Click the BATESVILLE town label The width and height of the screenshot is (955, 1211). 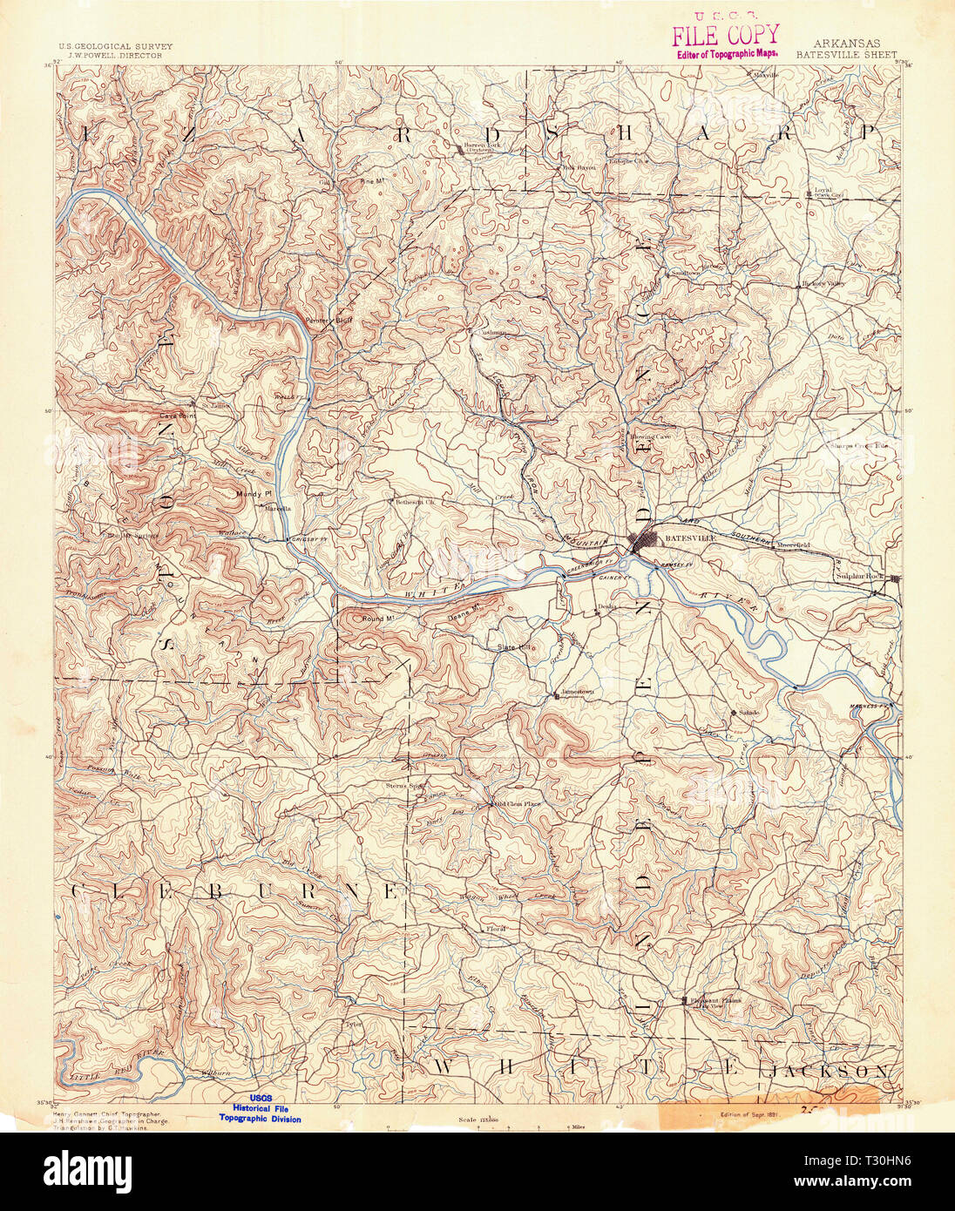(x=689, y=538)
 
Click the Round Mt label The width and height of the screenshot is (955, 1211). (x=379, y=618)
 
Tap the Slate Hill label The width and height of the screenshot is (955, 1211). (x=513, y=647)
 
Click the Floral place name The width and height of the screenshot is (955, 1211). (x=497, y=929)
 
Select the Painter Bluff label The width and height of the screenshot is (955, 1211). (x=328, y=320)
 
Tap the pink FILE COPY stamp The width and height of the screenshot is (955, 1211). (x=724, y=35)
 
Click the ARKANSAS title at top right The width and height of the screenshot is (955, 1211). (x=847, y=43)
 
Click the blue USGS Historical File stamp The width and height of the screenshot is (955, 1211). (x=260, y=1108)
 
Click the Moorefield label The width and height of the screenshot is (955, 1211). (x=793, y=545)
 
